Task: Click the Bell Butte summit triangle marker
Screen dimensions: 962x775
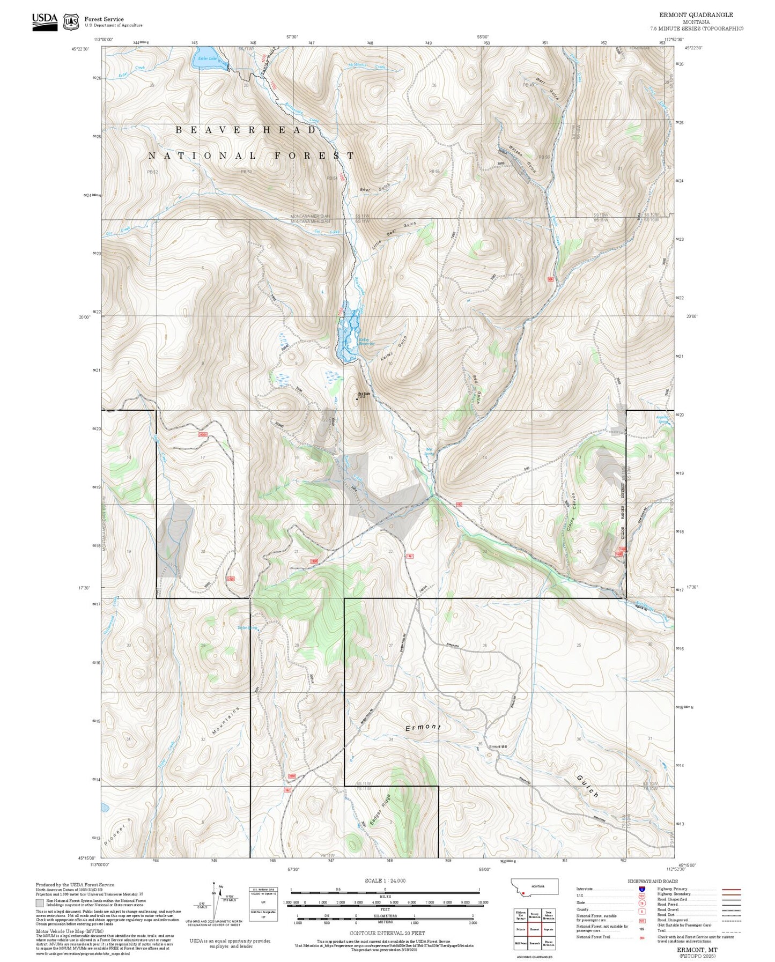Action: [357, 398]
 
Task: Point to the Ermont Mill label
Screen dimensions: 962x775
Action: [498, 746]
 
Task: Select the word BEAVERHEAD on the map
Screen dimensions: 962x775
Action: [246, 130]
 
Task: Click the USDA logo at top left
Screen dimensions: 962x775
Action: [45, 21]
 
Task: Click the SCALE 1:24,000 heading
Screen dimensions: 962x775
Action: [385, 880]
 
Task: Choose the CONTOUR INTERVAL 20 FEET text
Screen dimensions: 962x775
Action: [385, 933]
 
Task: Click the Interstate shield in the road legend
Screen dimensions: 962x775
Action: [641, 889]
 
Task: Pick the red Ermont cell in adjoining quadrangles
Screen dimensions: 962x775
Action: [534, 929]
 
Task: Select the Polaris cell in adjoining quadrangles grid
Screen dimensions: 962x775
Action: [521, 929]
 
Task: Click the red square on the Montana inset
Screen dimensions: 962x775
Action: [523, 893]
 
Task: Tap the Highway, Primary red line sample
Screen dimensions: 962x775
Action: [732, 889]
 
